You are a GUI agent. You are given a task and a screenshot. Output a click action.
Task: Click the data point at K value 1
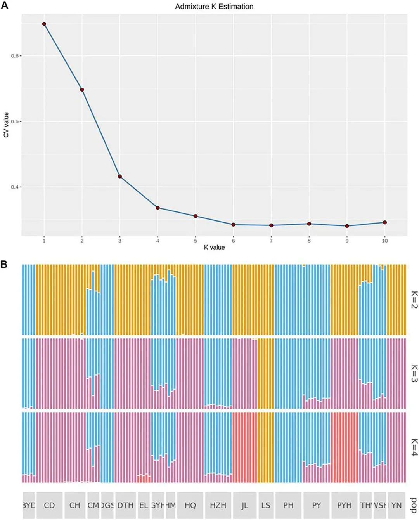44,24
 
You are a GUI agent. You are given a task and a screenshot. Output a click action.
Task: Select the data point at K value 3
120,177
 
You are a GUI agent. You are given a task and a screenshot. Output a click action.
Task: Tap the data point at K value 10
385,222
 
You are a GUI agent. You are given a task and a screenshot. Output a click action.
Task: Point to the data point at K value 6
234,225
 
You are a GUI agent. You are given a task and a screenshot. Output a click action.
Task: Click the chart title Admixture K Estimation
214,7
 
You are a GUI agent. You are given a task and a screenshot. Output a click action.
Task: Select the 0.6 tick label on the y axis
15,56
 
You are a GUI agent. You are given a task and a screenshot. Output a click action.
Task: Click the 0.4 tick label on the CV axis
15,187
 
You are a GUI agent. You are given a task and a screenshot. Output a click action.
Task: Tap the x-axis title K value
214,247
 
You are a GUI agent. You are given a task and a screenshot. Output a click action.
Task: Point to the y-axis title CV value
6,125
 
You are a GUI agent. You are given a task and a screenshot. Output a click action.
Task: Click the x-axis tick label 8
309,241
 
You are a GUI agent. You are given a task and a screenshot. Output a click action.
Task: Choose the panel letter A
4,5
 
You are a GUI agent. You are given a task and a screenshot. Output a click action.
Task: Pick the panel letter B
4,264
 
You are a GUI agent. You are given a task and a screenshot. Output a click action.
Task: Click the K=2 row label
414,300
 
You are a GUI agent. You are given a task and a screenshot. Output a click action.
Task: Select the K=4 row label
414,447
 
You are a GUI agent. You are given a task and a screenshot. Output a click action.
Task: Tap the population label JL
244,505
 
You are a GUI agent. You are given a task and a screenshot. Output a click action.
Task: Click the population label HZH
218,505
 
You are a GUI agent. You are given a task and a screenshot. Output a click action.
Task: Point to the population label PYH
344,505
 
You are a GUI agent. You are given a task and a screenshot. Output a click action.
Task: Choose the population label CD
49,505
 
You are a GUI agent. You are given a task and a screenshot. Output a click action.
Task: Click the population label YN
396,505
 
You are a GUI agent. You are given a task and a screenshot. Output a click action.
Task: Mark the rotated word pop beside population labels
414,505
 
